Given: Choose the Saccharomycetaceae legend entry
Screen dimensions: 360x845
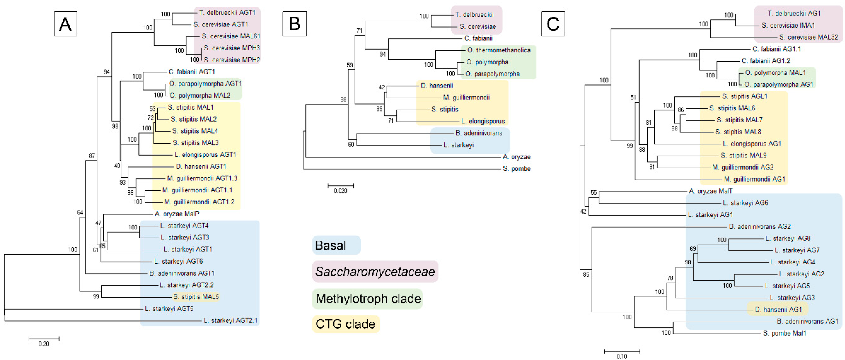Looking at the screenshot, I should [375, 271].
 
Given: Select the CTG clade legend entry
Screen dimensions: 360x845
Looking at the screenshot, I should [345, 324].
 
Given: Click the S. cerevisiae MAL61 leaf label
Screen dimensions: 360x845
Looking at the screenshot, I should [231, 36].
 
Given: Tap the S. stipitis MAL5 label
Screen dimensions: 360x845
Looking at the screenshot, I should [196, 297].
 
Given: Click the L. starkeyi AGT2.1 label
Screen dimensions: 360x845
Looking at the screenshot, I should [230, 320].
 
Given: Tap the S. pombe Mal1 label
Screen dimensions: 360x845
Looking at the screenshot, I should [784, 333].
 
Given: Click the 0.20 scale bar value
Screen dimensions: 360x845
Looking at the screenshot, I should [44, 344].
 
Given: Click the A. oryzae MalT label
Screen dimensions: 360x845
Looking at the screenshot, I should [710, 191].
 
